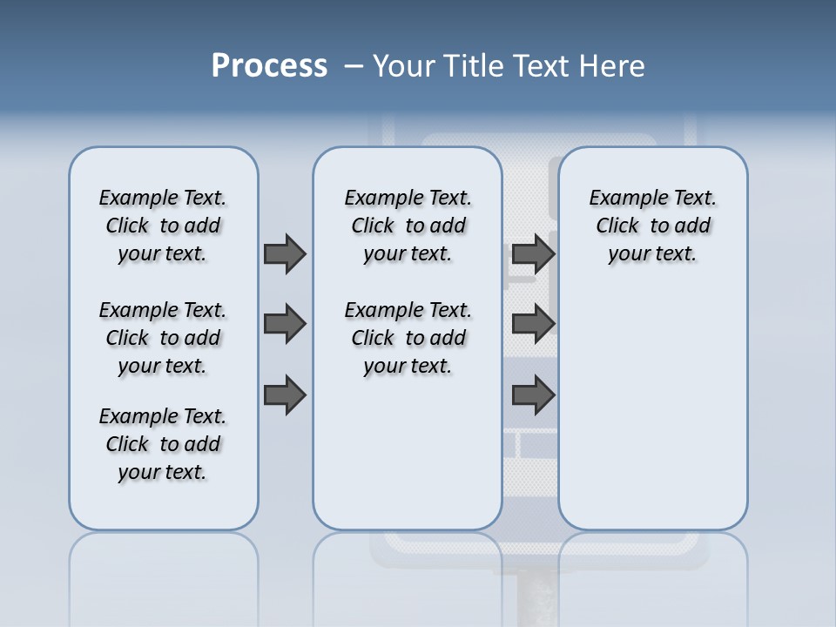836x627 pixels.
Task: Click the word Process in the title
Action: (x=269, y=65)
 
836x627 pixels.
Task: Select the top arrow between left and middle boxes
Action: (x=284, y=253)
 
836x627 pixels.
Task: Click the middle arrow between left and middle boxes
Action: (x=284, y=324)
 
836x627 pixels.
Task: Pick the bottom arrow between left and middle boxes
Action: (x=284, y=395)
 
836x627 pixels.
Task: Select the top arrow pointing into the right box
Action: (x=533, y=253)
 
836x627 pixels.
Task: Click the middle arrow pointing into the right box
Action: (x=533, y=324)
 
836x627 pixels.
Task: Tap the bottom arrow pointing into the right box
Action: (x=533, y=395)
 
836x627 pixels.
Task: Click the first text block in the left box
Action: (x=163, y=226)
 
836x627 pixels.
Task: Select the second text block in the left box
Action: (x=163, y=338)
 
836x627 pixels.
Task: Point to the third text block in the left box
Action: (x=163, y=444)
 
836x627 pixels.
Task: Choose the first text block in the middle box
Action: (x=408, y=226)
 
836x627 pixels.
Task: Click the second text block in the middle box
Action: (x=408, y=338)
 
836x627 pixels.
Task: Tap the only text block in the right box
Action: (x=652, y=226)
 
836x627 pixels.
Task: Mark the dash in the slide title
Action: (x=354, y=66)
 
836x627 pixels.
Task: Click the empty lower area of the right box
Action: (x=652, y=409)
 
